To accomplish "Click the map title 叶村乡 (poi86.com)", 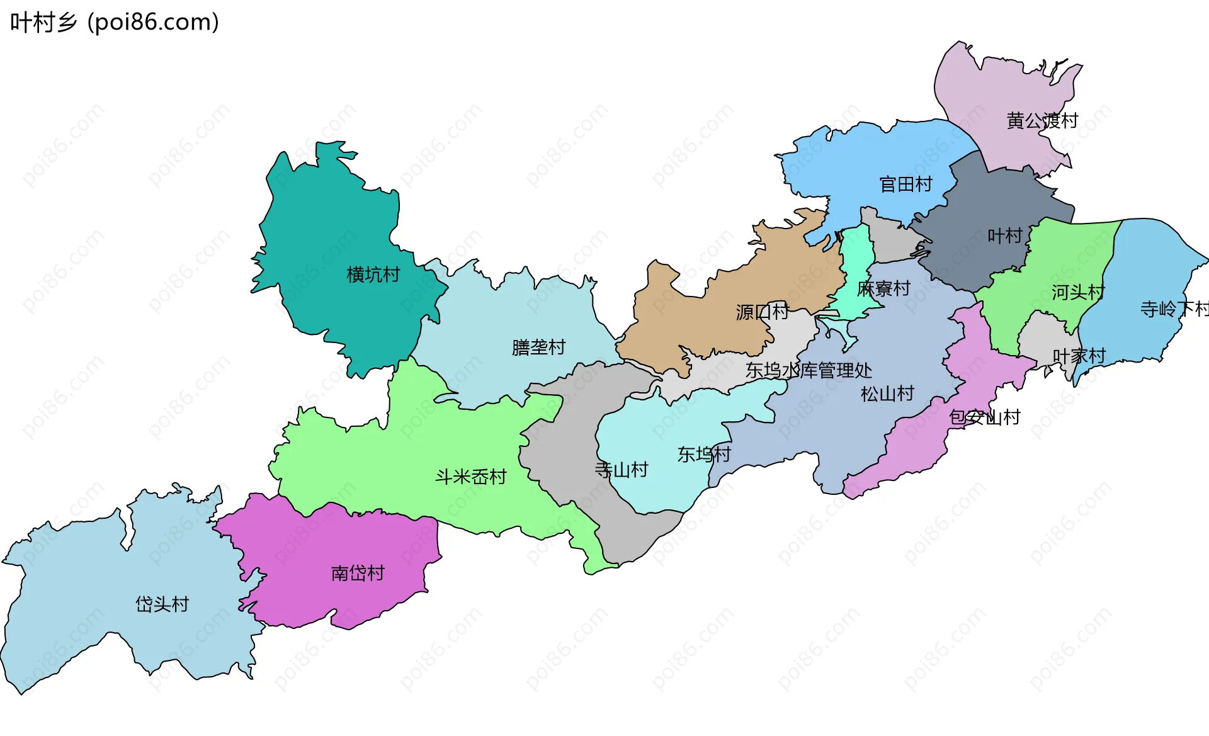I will coord(115,23).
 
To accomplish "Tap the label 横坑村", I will coord(373,275).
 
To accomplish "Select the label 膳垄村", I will coord(538,347).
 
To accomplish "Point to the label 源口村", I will coord(762,312).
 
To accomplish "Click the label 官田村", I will coord(905,184).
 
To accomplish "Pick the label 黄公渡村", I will coord(1042,120).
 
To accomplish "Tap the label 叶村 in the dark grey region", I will coord(1004,236).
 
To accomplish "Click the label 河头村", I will coord(1077,292).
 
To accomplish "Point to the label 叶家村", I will coord(1079,356).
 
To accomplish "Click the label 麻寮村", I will coord(883,288).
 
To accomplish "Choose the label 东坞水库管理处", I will coord(809,370).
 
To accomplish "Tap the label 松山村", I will coord(887,394).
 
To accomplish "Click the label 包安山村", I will coord(984,417).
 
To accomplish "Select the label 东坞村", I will coord(704,454).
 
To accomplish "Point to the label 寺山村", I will coord(622,470).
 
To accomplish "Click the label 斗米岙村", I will coord(471,477).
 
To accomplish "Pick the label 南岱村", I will coord(358,573).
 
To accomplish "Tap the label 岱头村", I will coord(162,604).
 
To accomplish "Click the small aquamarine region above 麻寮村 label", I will coord(856,252).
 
